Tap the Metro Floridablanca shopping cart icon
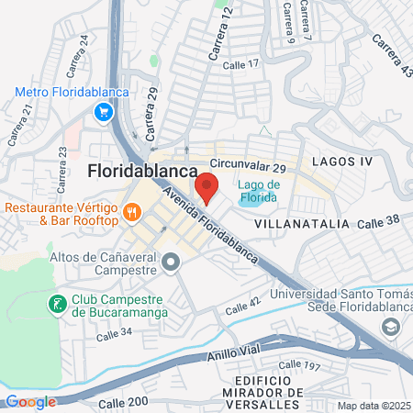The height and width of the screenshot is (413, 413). tap(103, 112)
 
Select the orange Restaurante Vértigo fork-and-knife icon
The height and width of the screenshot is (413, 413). tap(133, 213)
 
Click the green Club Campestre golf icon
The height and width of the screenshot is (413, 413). tap(57, 303)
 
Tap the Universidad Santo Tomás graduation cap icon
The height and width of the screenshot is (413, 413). tap(392, 328)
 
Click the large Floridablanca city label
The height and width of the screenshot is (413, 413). tap(143, 172)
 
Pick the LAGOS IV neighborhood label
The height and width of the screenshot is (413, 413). tap(342, 161)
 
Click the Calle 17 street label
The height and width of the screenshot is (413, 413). tap(241, 63)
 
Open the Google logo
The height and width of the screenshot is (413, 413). tap(31, 401)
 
